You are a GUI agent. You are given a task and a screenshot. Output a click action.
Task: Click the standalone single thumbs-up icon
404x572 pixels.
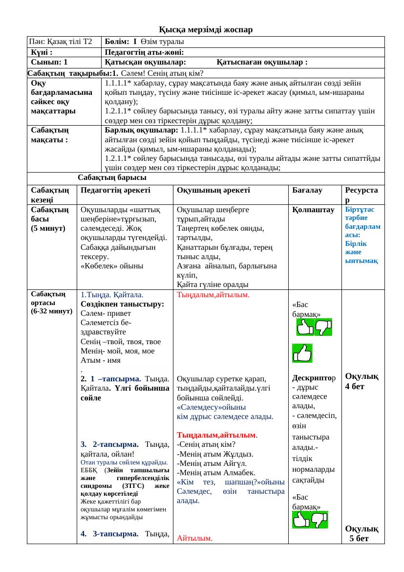click(x=302, y=353)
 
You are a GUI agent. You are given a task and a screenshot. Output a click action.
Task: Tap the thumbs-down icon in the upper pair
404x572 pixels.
click(x=323, y=327)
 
